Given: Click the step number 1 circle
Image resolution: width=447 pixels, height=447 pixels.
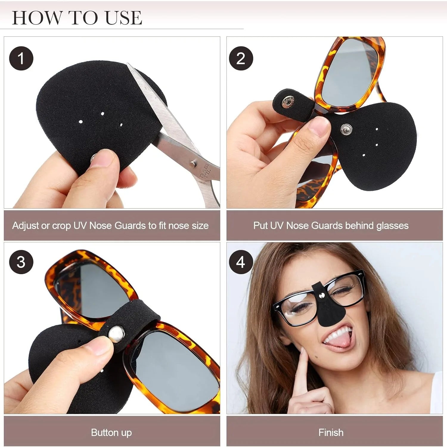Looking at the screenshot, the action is (x=21, y=58).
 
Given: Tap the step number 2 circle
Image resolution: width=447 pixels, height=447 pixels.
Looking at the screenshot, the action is (x=241, y=58).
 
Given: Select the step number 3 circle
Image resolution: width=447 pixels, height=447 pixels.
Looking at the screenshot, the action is (x=21, y=262).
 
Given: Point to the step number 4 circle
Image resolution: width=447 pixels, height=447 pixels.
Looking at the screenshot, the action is (x=241, y=262).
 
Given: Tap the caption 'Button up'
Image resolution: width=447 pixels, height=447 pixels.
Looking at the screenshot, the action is (x=111, y=432).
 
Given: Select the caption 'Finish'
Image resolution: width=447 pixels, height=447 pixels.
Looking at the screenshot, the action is (x=331, y=432).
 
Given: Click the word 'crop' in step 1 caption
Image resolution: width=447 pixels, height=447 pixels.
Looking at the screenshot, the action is (x=62, y=226).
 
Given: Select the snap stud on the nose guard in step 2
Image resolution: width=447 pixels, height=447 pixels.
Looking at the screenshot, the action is (x=346, y=129).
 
